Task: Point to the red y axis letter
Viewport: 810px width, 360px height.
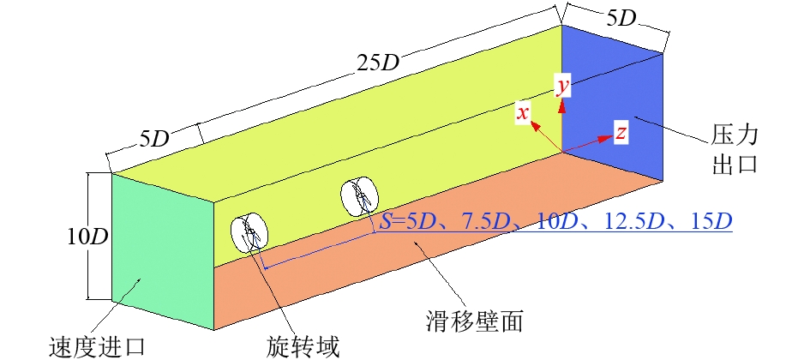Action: tap(562, 87)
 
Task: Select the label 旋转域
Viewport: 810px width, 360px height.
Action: tap(303, 347)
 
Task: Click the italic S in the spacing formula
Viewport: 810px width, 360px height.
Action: tap(386, 222)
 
